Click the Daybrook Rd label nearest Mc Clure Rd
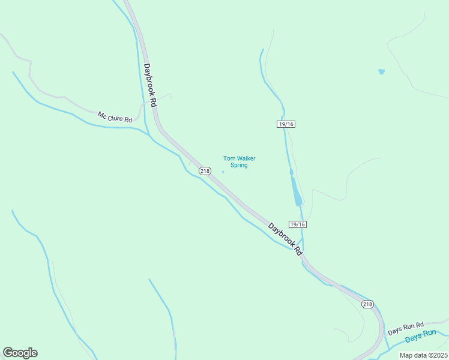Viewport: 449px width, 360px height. pos(150,86)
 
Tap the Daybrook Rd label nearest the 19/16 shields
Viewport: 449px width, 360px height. pos(285,239)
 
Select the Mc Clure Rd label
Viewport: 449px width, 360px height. pos(115,117)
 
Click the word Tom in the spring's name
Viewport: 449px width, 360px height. pos(229,158)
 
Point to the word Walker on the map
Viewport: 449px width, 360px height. pos(246,158)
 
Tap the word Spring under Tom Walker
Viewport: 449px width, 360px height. pos(239,165)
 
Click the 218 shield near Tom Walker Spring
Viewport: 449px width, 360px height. pos(205,171)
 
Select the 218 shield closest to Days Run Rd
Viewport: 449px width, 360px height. pos(368,304)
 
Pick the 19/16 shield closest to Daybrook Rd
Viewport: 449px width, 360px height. pos(298,224)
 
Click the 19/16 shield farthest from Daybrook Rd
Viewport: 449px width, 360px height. pos(286,124)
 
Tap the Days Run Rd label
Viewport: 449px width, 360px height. pos(406,328)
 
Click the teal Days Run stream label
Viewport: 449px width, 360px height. pos(420,336)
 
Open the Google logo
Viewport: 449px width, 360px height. pos(20,353)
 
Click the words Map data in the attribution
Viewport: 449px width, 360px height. pos(414,355)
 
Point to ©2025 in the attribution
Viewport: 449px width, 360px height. pos(437,355)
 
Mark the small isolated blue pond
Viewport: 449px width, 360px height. pos(381,72)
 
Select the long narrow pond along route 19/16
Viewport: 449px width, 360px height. pos(295,191)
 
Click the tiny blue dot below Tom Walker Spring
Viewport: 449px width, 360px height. pos(223,172)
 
